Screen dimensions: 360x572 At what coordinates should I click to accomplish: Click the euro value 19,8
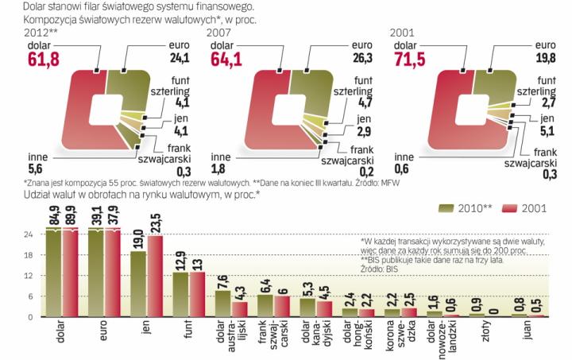coord(545,57)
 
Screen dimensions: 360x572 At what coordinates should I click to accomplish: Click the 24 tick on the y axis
coord(28,235)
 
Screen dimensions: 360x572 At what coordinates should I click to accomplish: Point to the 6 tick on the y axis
coord(30,296)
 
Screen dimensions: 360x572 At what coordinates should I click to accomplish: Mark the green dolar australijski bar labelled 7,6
coord(224,304)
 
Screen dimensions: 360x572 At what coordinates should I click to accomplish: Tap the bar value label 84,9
coord(53,214)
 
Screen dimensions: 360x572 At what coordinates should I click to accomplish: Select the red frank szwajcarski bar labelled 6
coord(283,307)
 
